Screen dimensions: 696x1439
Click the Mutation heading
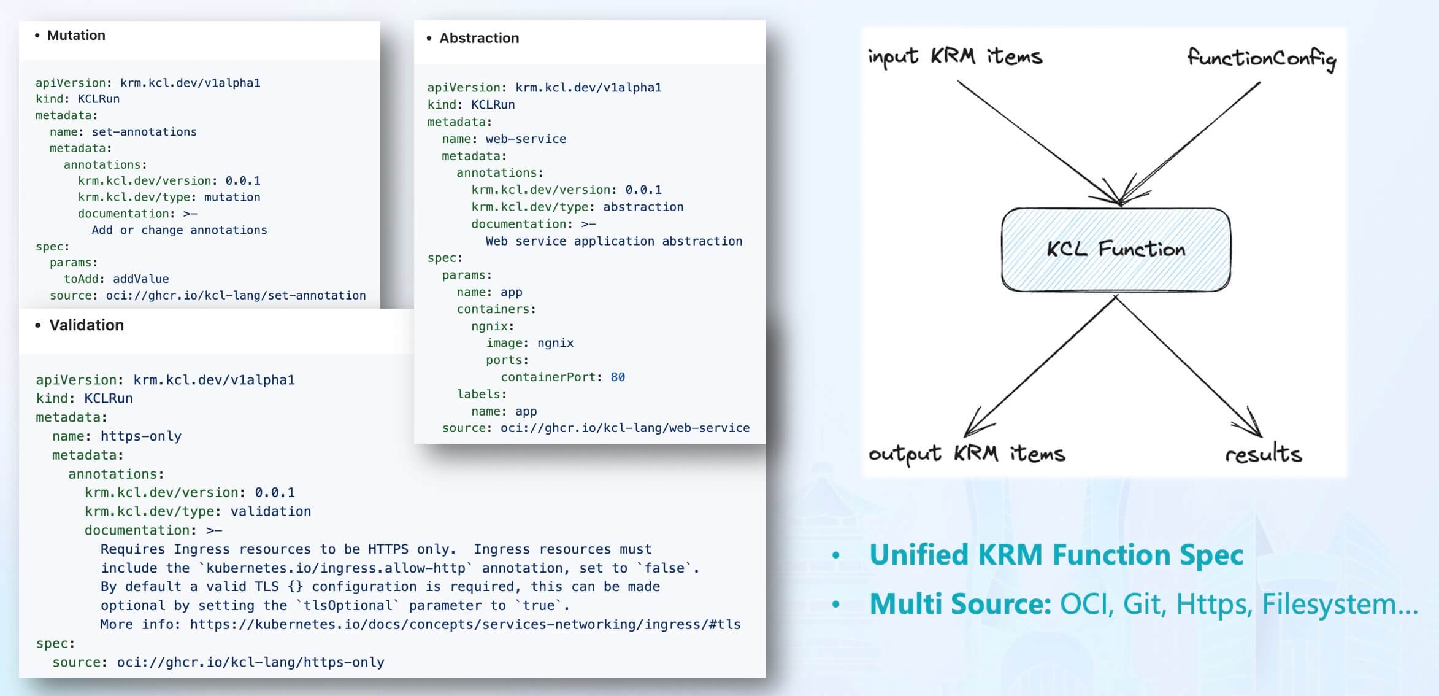(x=76, y=36)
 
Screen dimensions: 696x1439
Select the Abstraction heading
(x=478, y=38)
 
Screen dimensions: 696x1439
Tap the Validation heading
(x=86, y=325)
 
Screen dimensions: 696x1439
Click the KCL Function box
(x=1116, y=249)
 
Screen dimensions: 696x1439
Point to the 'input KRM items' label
(x=954, y=57)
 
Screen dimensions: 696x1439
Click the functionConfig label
(x=1261, y=59)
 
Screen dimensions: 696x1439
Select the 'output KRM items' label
(x=967, y=454)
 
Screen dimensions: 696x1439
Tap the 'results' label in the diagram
(x=1263, y=454)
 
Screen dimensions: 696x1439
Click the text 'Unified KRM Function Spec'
(x=1056, y=555)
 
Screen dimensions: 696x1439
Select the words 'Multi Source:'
(x=961, y=604)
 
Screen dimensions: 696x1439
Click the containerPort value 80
(x=618, y=377)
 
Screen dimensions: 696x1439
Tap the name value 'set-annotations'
(x=144, y=132)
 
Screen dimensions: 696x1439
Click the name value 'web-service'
(x=526, y=139)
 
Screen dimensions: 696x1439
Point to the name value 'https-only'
(x=141, y=436)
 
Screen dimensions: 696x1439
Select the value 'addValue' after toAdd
(x=140, y=279)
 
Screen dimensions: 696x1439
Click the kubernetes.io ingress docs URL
(x=465, y=625)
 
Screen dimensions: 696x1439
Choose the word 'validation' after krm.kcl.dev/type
(x=271, y=511)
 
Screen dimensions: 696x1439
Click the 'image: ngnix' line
(x=529, y=343)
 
